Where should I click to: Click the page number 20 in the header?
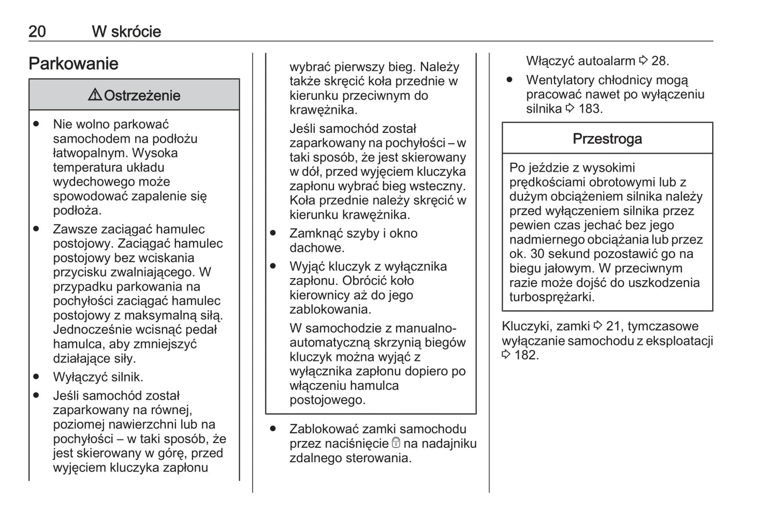pos(37,32)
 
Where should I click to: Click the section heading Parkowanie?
pos(73,64)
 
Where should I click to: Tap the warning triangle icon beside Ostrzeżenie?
pos(95,95)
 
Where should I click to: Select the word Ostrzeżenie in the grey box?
pos(142,96)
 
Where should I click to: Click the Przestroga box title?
pos(607,139)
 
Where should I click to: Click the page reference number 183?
pos(590,109)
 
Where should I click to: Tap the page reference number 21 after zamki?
pos(613,326)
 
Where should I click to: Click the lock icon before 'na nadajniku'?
pos(396,443)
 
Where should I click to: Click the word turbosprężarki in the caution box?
pos(551,297)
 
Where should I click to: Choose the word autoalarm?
pos(603,61)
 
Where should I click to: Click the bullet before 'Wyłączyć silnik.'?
pos(36,377)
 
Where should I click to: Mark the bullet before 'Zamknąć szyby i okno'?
pos(273,234)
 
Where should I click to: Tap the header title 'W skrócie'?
pos(127,32)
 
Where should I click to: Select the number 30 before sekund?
pos(537,254)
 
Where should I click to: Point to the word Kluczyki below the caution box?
pos(527,326)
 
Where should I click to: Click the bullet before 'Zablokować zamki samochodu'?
pos(273,429)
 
